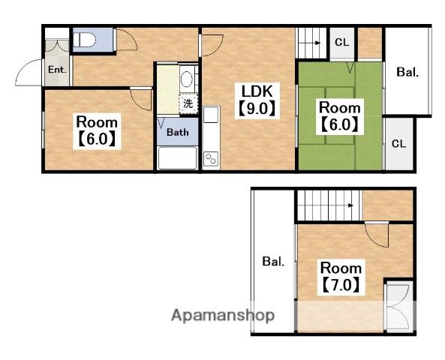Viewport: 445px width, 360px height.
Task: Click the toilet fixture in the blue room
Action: (x=84, y=40)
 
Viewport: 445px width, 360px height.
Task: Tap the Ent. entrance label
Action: (x=57, y=70)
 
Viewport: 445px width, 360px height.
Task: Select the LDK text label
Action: (x=257, y=91)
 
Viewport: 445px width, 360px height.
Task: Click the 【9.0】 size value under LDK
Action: (x=257, y=109)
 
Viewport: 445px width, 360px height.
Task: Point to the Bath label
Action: (x=177, y=132)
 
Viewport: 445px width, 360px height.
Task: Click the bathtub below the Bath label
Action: (x=177, y=157)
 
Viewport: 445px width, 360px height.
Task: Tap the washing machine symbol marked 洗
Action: (x=188, y=103)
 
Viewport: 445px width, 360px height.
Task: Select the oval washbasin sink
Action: (x=186, y=79)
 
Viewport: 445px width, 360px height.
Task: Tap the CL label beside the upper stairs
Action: (x=341, y=42)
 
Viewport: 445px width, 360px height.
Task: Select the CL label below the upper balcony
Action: (x=398, y=144)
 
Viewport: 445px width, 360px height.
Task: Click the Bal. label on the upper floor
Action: (x=407, y=72)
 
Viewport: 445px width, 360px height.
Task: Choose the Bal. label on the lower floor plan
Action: (x=273, y=261)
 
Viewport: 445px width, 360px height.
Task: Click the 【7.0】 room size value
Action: (x=341, y=285)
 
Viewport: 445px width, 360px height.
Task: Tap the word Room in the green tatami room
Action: (x=340, y=107)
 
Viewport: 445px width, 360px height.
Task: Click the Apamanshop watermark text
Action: (x=223, y=316)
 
